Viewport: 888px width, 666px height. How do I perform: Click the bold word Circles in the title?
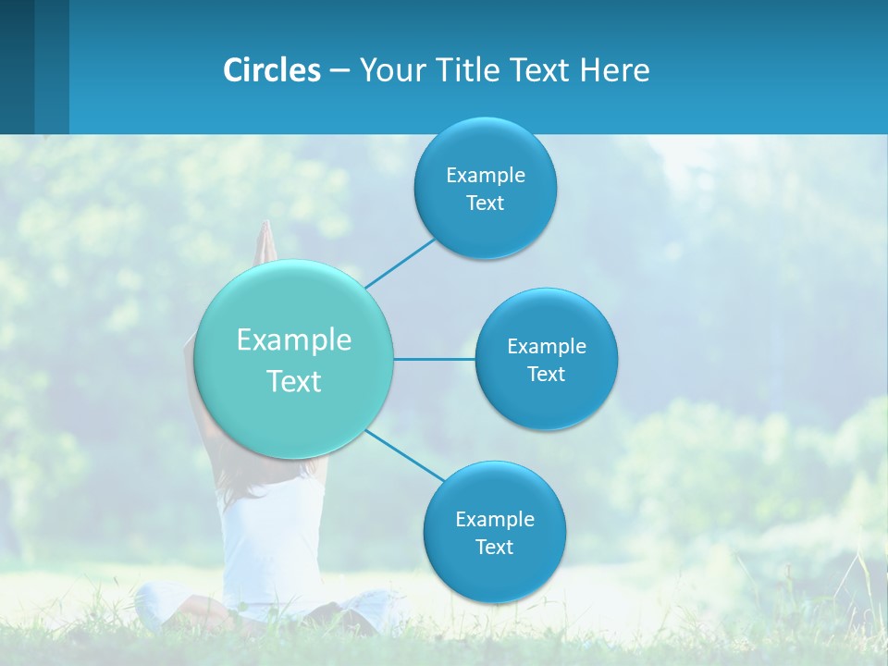272,70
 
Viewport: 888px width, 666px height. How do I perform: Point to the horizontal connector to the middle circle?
435,359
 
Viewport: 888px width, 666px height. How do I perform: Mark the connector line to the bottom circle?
405,455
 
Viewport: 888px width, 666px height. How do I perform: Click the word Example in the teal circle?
294,339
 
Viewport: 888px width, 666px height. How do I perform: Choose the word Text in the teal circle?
294,381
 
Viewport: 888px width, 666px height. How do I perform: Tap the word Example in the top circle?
485,175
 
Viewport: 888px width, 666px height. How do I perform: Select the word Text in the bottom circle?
494,547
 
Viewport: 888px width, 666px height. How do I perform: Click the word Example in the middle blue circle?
547,346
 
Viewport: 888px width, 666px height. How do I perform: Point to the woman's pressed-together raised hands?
265,242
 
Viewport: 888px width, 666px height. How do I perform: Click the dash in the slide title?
339,70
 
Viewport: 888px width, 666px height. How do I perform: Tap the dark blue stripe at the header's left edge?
17,67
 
